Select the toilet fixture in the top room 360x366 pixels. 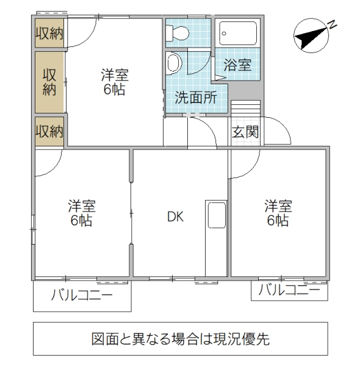179,34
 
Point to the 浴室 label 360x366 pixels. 237,65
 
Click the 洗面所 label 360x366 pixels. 196,98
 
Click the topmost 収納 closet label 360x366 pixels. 49,34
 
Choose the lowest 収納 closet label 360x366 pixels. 49,131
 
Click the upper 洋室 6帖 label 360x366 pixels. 114,82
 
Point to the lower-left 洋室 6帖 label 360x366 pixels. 81,212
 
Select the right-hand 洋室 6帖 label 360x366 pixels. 277,212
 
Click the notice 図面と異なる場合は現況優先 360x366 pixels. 180,339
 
